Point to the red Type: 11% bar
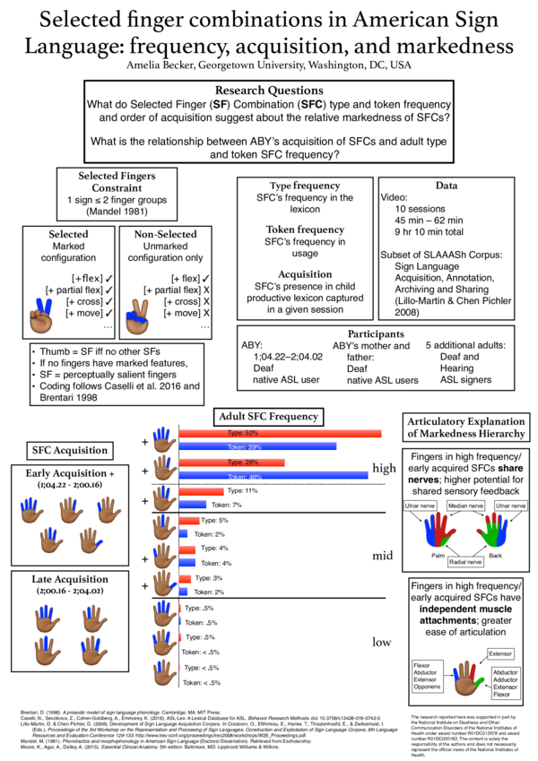[202, 491]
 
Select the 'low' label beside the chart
[383, 640]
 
